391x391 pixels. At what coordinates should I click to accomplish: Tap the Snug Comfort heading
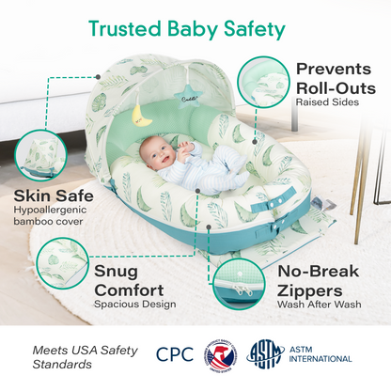[x=129, y=280]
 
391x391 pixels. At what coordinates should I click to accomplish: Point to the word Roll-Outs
[x=335, y=86]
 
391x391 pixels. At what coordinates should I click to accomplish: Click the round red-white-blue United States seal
[x=221, y=355]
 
